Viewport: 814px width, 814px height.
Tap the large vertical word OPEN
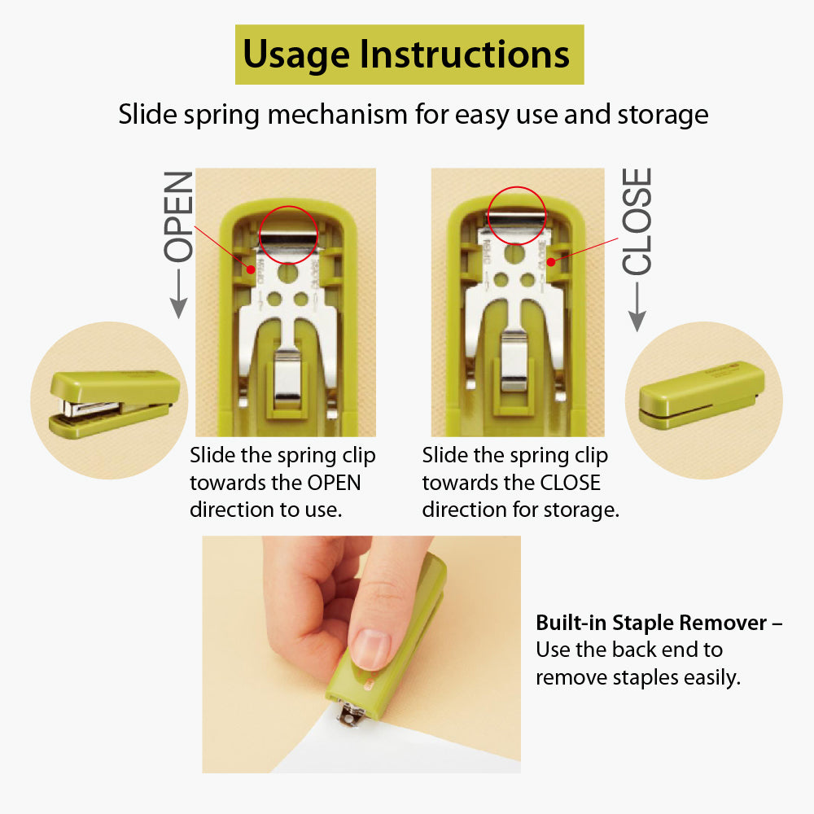pyautogui.click(x=179, y=216)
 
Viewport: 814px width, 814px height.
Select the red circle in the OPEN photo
pyautogui.click(x=287, y=235)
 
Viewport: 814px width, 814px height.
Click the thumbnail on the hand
pyautogui.click(x=372, y=648)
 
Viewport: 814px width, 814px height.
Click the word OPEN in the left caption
pyautogui.click(x=333, y=483)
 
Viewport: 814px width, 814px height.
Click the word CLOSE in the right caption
pyautogui.click(x=570, y=483)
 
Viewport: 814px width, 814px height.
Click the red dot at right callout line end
pyautogui.click(x=552, y=262)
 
